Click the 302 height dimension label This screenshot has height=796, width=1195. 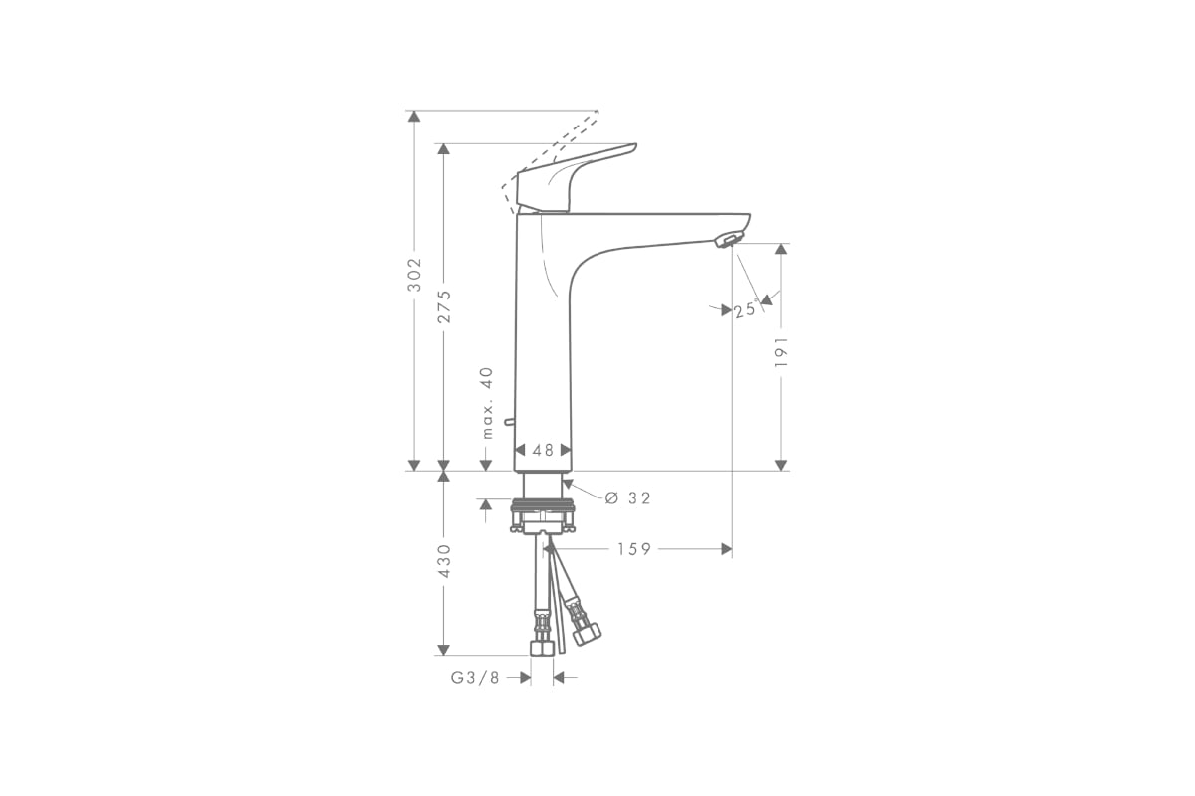[x=414, y=274]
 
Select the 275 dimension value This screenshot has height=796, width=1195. [x=444, y=306]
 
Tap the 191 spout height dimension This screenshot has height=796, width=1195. [x=781, y=351]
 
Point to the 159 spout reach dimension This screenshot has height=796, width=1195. [x=634, y=549]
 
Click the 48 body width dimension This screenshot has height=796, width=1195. [x=543, y=450]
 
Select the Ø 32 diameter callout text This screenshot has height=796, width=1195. [x=628, y=497]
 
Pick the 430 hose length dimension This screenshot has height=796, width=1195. [x=444, y=561]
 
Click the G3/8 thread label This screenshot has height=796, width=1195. [x=475, y=678]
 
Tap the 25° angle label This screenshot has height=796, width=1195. [x=745, y=309]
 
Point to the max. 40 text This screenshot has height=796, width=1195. [x=487, y=403]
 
